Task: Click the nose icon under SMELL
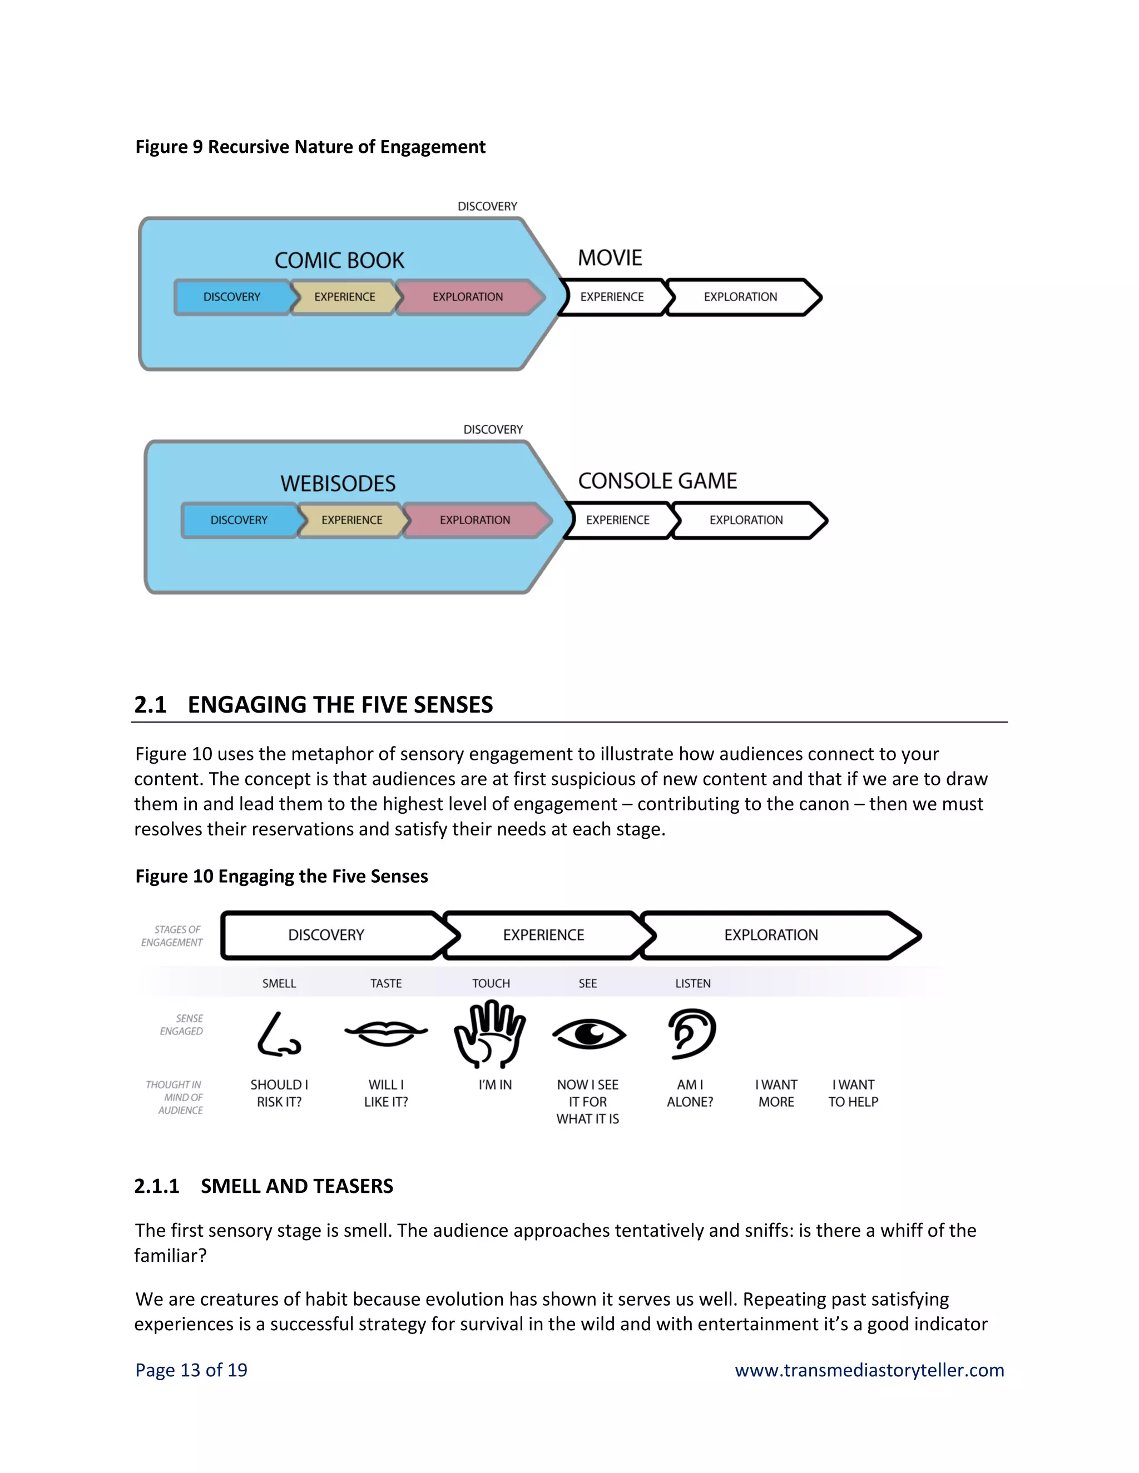point(278,1034)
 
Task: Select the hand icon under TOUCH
point(491,1034)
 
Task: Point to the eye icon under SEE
point(588,1033)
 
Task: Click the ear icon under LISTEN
point(692,1033)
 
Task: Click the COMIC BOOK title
point(339,260)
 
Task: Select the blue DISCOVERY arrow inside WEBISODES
point(239,520)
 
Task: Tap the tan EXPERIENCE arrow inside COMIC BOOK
point(344,297)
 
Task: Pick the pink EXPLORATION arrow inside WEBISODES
point(475,520)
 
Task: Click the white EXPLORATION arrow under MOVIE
point(740,297)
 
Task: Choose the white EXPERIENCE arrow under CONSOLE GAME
point(617,520)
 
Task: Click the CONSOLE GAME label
point(657,481)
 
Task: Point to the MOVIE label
point(610,258)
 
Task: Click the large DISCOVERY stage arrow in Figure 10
point(326,935)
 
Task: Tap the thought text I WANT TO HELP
point(853,1093)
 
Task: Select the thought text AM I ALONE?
point(690,1093)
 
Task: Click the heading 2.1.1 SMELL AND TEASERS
point(263,1186)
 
